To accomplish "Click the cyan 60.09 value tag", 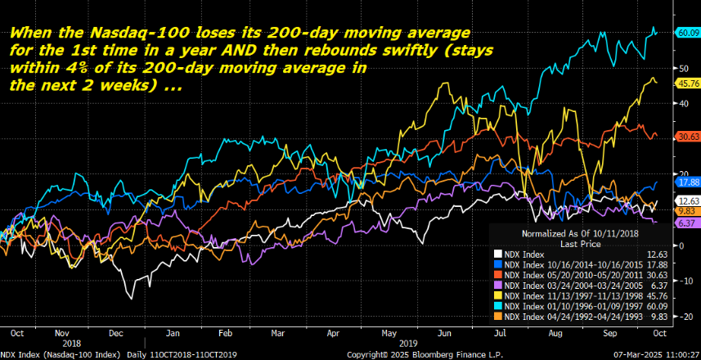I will [686, 33].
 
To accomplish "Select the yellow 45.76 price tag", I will [686, 84].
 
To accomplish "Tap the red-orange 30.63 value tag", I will [686, 137].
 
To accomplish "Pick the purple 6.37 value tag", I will [686, 223].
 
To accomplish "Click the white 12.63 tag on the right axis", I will [686, 200].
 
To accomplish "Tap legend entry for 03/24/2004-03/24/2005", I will [573, 284].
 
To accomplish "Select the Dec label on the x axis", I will [116, 333].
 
